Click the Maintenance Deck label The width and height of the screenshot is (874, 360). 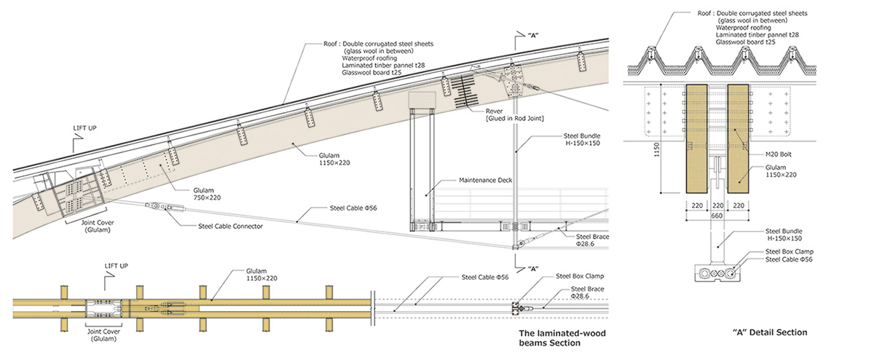pos(482,179)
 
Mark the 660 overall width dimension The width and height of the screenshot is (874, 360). pos(717,215)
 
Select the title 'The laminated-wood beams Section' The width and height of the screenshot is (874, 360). pos(562,338)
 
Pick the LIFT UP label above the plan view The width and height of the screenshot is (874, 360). pos(117,267)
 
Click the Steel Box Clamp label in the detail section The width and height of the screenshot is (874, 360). pos(790,251)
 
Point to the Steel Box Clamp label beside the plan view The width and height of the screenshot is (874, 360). pos(580,276)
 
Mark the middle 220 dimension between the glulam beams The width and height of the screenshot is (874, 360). pos(717,206)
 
